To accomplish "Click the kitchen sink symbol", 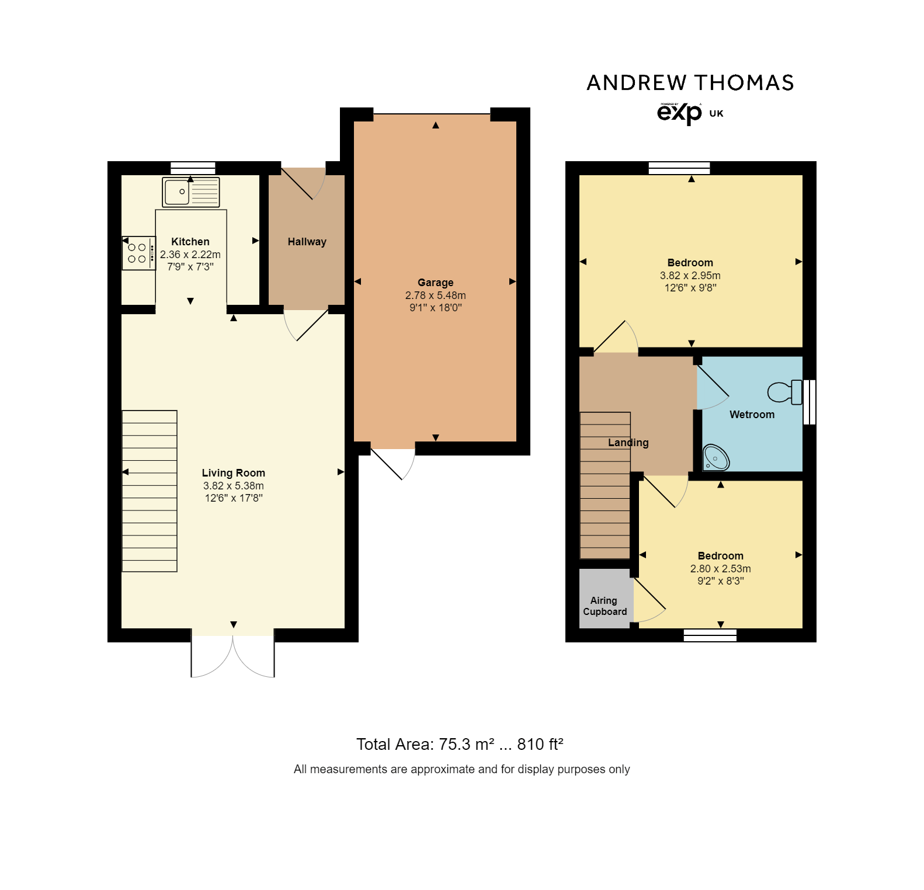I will [190, 192].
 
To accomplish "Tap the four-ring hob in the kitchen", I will [138, 253].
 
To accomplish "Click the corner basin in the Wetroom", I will [716, 457].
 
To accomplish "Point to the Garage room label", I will [435, 283].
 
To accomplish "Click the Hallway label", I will [307, 242].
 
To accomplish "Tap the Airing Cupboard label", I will [605, 606].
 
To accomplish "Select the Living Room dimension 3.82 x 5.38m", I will [233, 486].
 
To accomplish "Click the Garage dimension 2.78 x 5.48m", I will [435, 295].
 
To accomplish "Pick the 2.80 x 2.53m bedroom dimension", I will [720, 569].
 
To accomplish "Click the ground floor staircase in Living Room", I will [150, 491].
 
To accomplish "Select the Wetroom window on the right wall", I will [810, 402].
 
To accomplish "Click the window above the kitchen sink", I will [193, 168].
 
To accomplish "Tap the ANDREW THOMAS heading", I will [690, 83].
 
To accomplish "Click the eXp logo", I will [679, 113].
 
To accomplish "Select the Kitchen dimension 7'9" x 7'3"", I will [190, 267].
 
